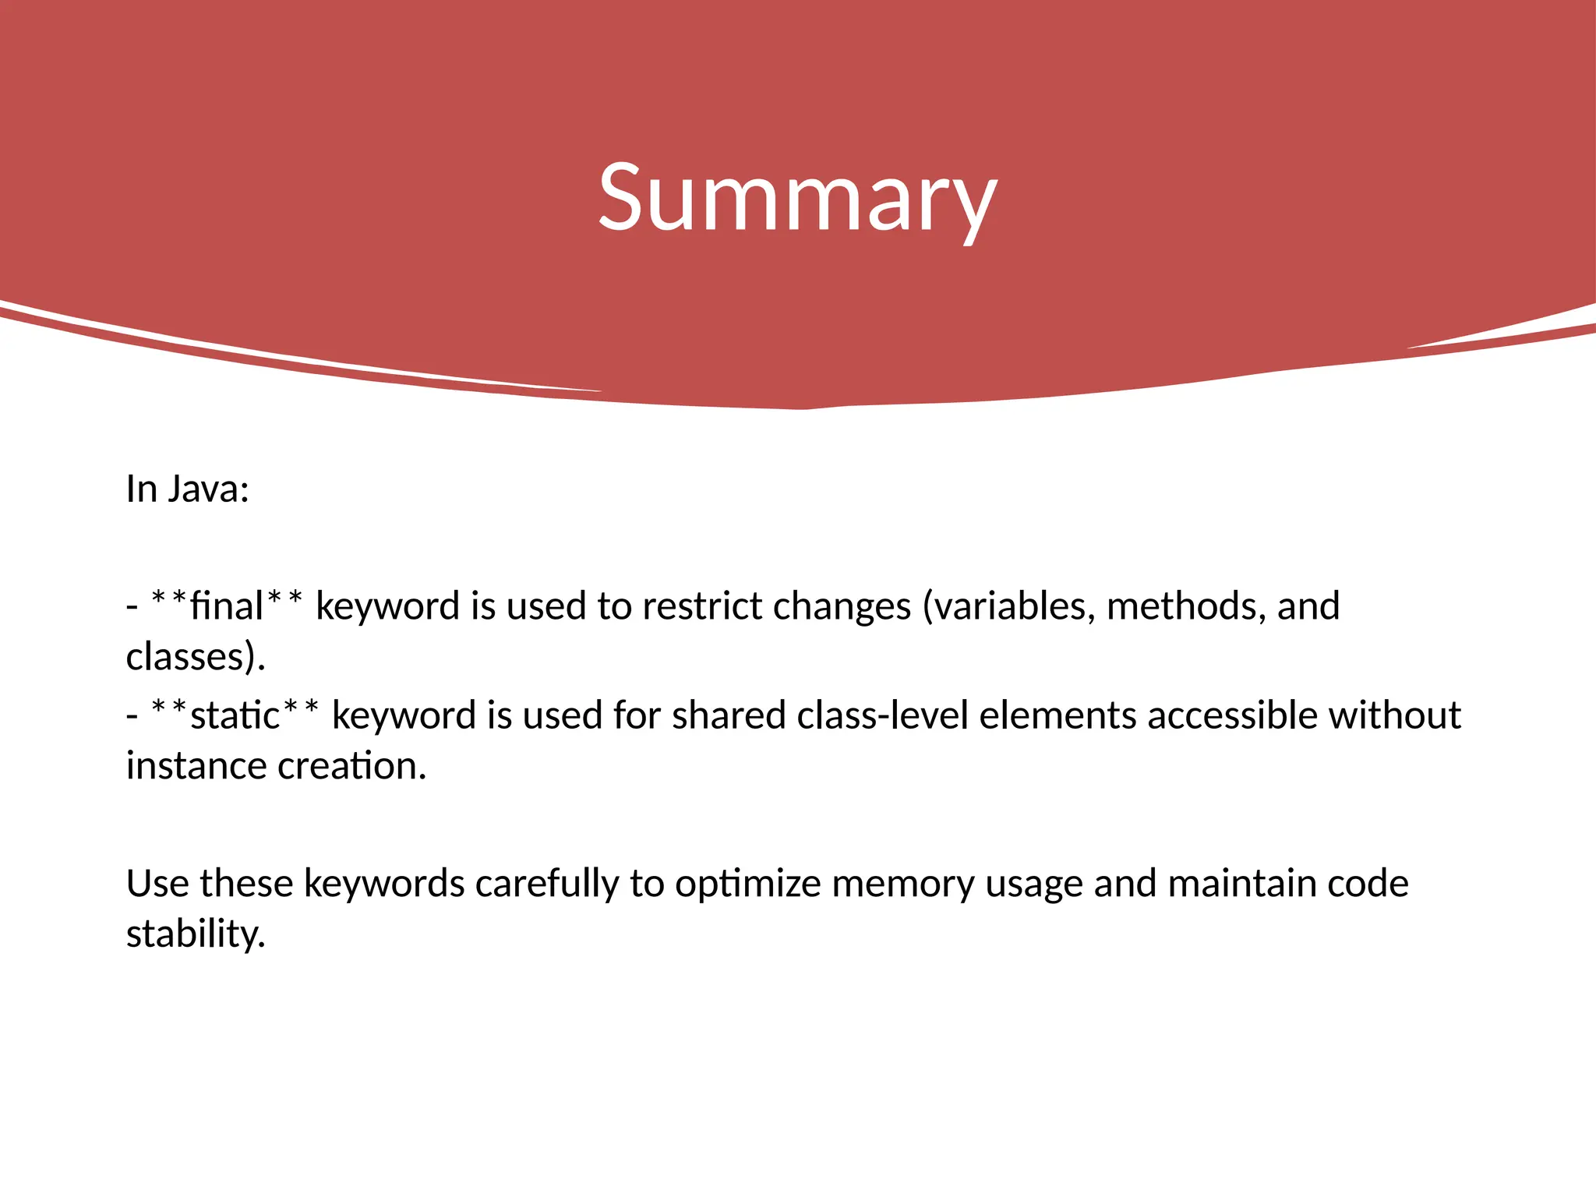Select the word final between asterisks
tap(227, 606)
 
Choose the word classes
tap(185, 657)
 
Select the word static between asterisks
tap(235, 715)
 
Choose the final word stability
tap(194, 934)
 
